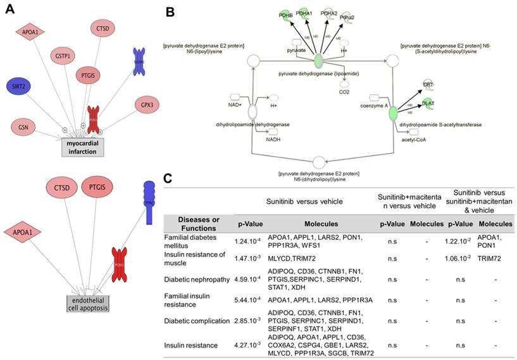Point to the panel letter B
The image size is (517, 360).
click(171, 11)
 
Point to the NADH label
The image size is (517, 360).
click(273, 140)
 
